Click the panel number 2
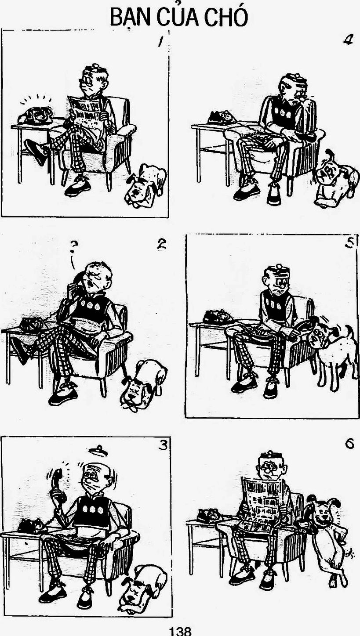click(x=162, y=245)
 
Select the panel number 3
click(x=163, y=446)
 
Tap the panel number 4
click(x=348, y=40)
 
